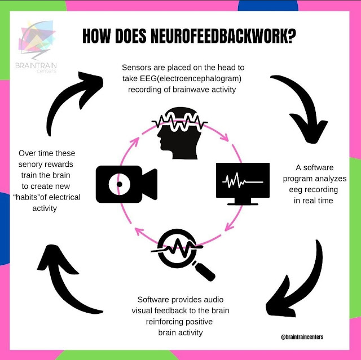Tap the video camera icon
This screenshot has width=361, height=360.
point(126,183)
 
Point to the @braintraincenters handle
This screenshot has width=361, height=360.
point(305,337)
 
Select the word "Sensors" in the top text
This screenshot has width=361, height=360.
point(136,66)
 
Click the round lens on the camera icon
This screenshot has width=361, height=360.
point(119,183)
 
